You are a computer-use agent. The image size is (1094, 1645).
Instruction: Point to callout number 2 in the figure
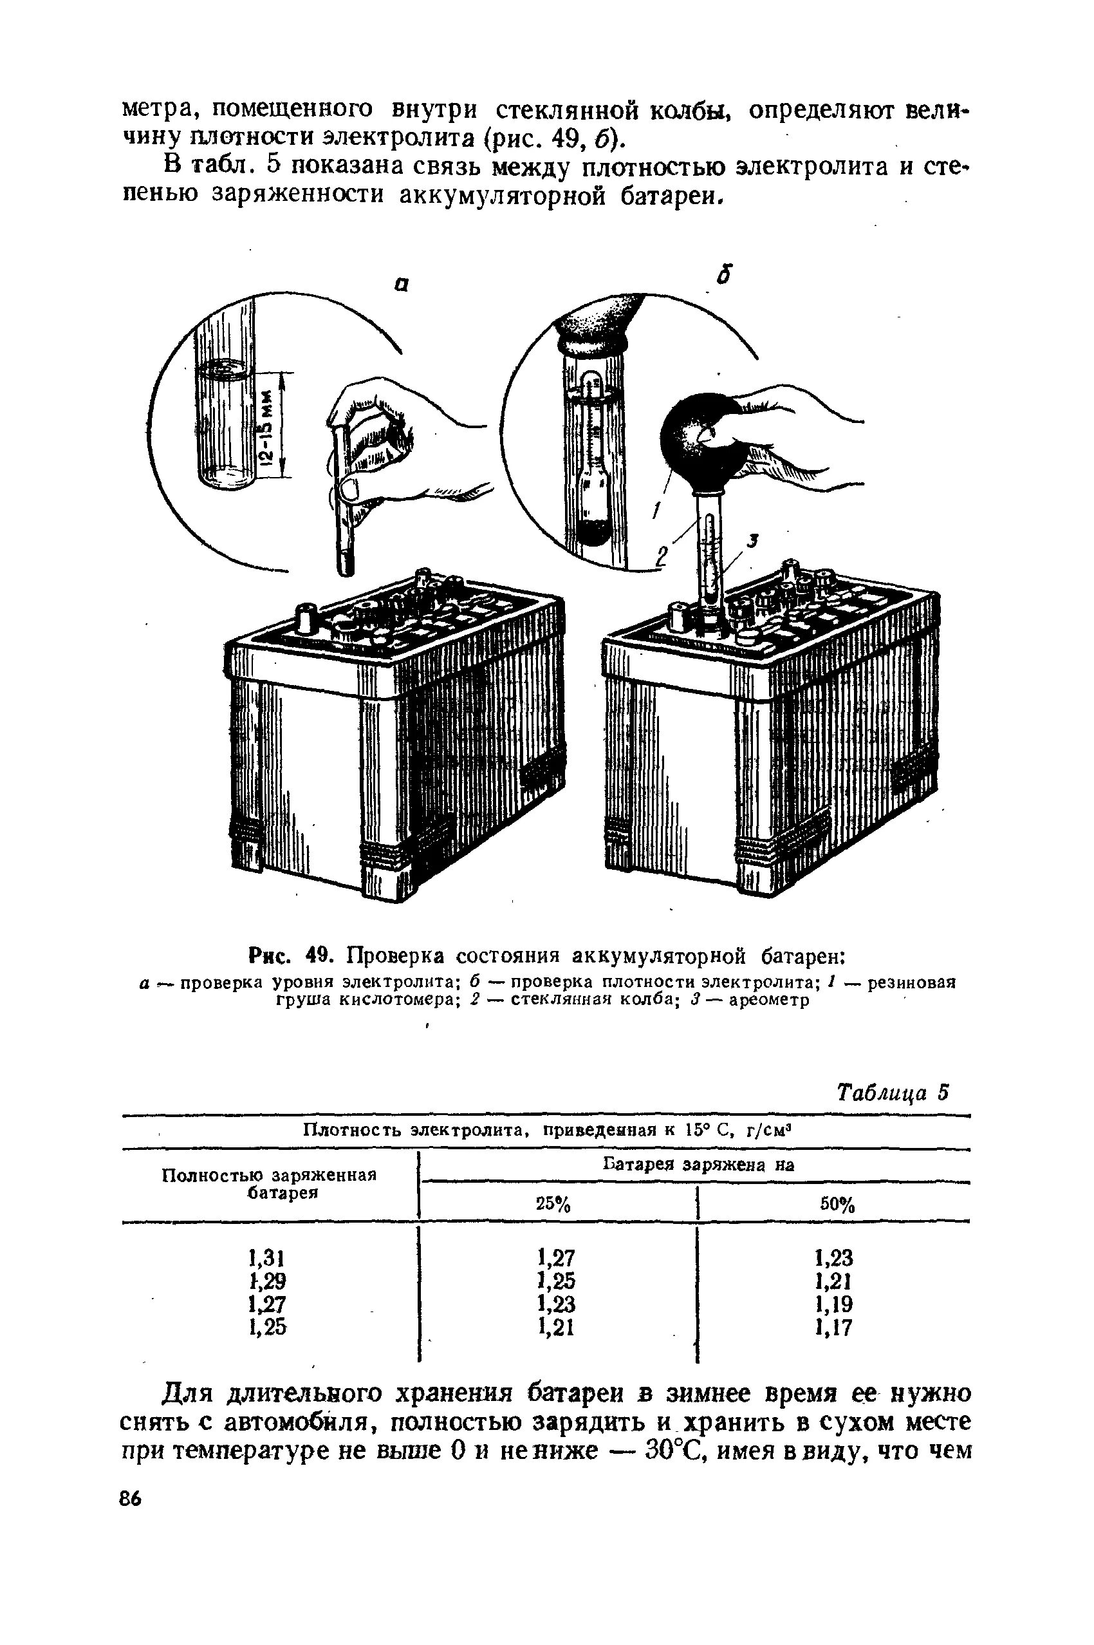tap(660, 555)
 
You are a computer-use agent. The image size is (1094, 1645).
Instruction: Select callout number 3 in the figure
tap(752, 540)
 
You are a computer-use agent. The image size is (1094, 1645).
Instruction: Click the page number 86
tap(130, 1499)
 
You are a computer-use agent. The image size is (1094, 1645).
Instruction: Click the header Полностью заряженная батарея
tap(268, 1183)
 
